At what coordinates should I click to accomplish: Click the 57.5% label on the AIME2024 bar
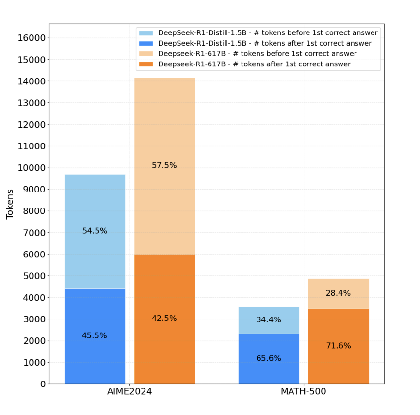point(164,165)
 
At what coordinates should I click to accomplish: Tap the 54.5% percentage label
point(95,231)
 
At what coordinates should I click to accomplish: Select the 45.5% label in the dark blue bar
point(95,335)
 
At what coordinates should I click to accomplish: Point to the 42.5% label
point(164,318)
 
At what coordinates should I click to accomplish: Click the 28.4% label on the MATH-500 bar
point(338,293)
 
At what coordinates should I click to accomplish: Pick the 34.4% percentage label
point(269,320)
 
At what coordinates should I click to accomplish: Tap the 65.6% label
point(269,358)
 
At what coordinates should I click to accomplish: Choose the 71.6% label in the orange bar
point(338,346)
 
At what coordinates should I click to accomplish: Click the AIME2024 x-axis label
point(129,392)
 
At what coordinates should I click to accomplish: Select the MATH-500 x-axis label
point(304,392)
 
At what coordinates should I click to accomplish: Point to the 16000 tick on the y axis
point(31,38)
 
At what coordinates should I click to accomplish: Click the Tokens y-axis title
point(10,204)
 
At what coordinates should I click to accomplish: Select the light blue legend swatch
point(146,33)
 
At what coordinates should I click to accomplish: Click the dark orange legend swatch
point(146,64)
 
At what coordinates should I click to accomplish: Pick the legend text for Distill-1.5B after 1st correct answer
point(265,43)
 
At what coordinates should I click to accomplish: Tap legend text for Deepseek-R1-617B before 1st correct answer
point(258,54)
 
